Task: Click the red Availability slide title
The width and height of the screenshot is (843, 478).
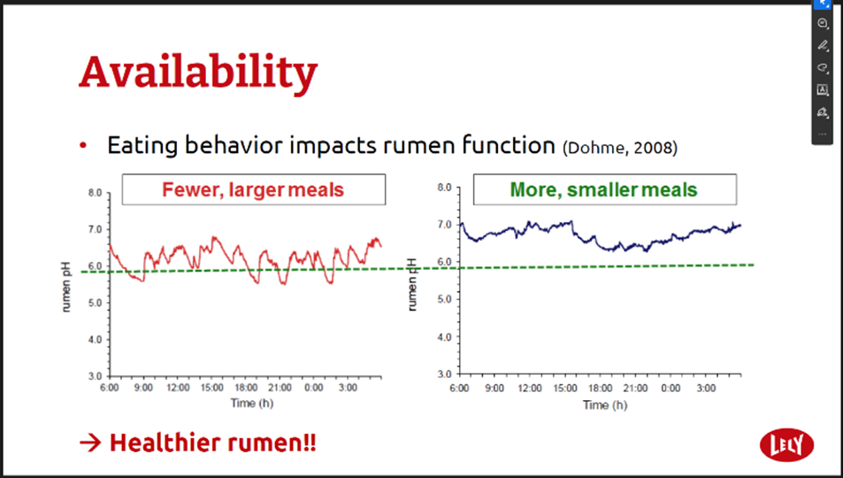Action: pyautogui.click(x=198, y=73)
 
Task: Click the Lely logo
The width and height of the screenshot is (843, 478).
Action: pyautogui.click(x=786, y=445)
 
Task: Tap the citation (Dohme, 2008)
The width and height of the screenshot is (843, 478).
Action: pyautogui.click(x=620, y=148)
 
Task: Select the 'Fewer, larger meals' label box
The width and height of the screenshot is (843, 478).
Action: pyautogui.click(x=254, y=189)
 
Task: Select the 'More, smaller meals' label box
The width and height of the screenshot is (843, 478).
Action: pyautogui.click(x=605, y=189)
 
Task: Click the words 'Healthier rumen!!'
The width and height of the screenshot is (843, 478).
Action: pyautogui.click(x=213, y=443)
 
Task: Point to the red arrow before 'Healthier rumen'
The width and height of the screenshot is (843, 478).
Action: pyautogui.click(x=89, y=443)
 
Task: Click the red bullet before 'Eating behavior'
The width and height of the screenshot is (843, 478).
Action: pyautogui.click(x=83, y=145)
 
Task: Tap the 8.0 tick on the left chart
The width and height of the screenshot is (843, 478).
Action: pyautogui.click(x=96, y=193)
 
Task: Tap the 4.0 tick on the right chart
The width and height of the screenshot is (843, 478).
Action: pyautogui.click(x=445, y=337)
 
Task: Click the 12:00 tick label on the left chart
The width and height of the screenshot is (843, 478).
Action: pyautogui.click(x=178, y=388)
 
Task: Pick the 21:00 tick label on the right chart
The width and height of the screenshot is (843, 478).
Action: pyautogui.click(x=635, y=388)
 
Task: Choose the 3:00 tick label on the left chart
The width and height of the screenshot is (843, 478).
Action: pyautogui.click(x=348, y=388)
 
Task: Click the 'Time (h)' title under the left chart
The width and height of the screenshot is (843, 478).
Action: pyautogui.click(x=251, y=403)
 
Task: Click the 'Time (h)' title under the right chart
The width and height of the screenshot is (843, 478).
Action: pyautogui.click(x=605, y=405)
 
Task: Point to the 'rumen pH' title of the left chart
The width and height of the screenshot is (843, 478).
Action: pyautogui.click(x=66, y=287)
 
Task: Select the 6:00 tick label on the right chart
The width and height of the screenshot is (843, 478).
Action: pyautogui.click(x=459, y=388)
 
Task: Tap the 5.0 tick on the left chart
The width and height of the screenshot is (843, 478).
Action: pyautogui.click(x=96, y=303)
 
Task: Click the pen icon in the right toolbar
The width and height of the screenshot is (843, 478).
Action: pyautogui.click(x=823, y=45)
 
